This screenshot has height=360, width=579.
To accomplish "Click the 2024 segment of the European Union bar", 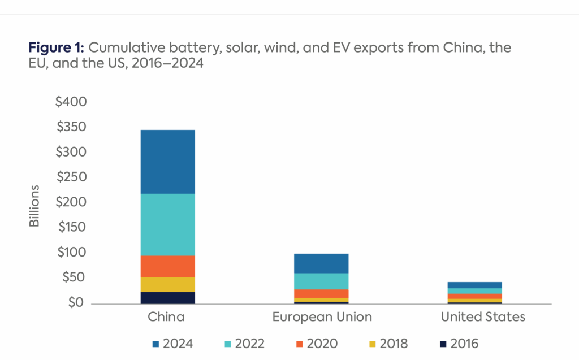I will (322, 263).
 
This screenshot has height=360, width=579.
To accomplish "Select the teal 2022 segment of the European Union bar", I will (322, 281).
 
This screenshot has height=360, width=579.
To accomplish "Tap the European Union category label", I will (322, 317).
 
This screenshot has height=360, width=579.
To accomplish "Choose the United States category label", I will (483, 317).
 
